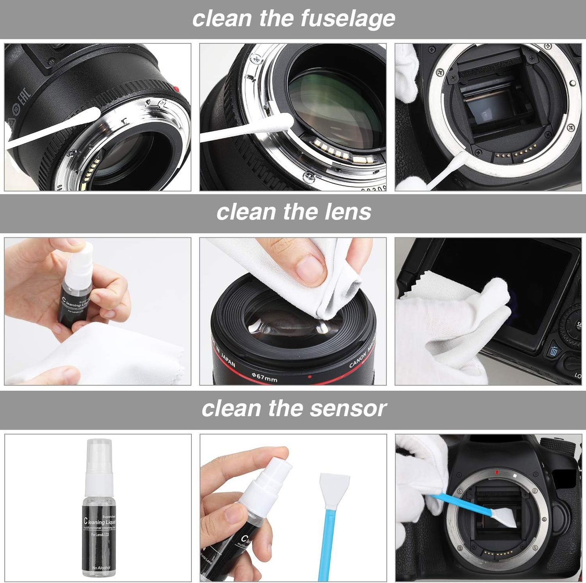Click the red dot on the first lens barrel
tap(176, 88)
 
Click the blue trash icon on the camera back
tap(554, 351)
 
